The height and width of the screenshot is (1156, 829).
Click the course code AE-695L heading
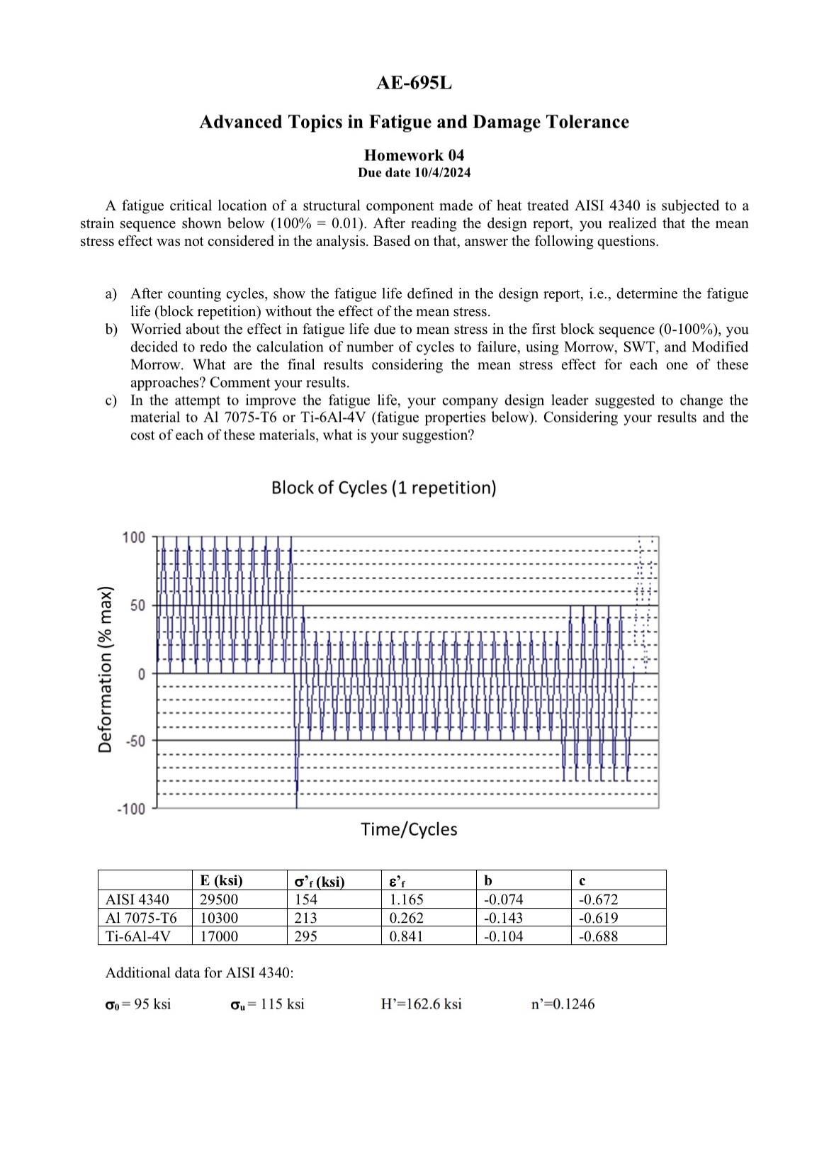[414, 83]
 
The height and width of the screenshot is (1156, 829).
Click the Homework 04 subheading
[414, 155]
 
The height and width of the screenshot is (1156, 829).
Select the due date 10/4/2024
[414, 173]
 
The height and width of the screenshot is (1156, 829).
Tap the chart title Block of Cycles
[383, 488]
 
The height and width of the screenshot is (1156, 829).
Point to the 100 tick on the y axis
[133, 537]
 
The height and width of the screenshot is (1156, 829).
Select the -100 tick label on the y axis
[130, 809]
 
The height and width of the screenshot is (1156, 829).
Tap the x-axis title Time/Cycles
[409, 829]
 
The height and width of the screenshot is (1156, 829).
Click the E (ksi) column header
[221, 881]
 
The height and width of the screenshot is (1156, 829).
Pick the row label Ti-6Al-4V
[138, 936]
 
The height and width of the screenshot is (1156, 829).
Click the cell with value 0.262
[406, 918]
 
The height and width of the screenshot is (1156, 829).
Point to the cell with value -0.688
[598, 936]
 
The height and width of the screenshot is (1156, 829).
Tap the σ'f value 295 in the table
[306, 936]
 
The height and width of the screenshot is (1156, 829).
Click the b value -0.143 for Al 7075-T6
[503, 918]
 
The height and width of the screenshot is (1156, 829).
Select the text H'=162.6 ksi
[421, 1004]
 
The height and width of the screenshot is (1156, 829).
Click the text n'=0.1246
[563, 1004]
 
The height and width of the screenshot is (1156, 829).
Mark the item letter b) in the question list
[111, 330]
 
